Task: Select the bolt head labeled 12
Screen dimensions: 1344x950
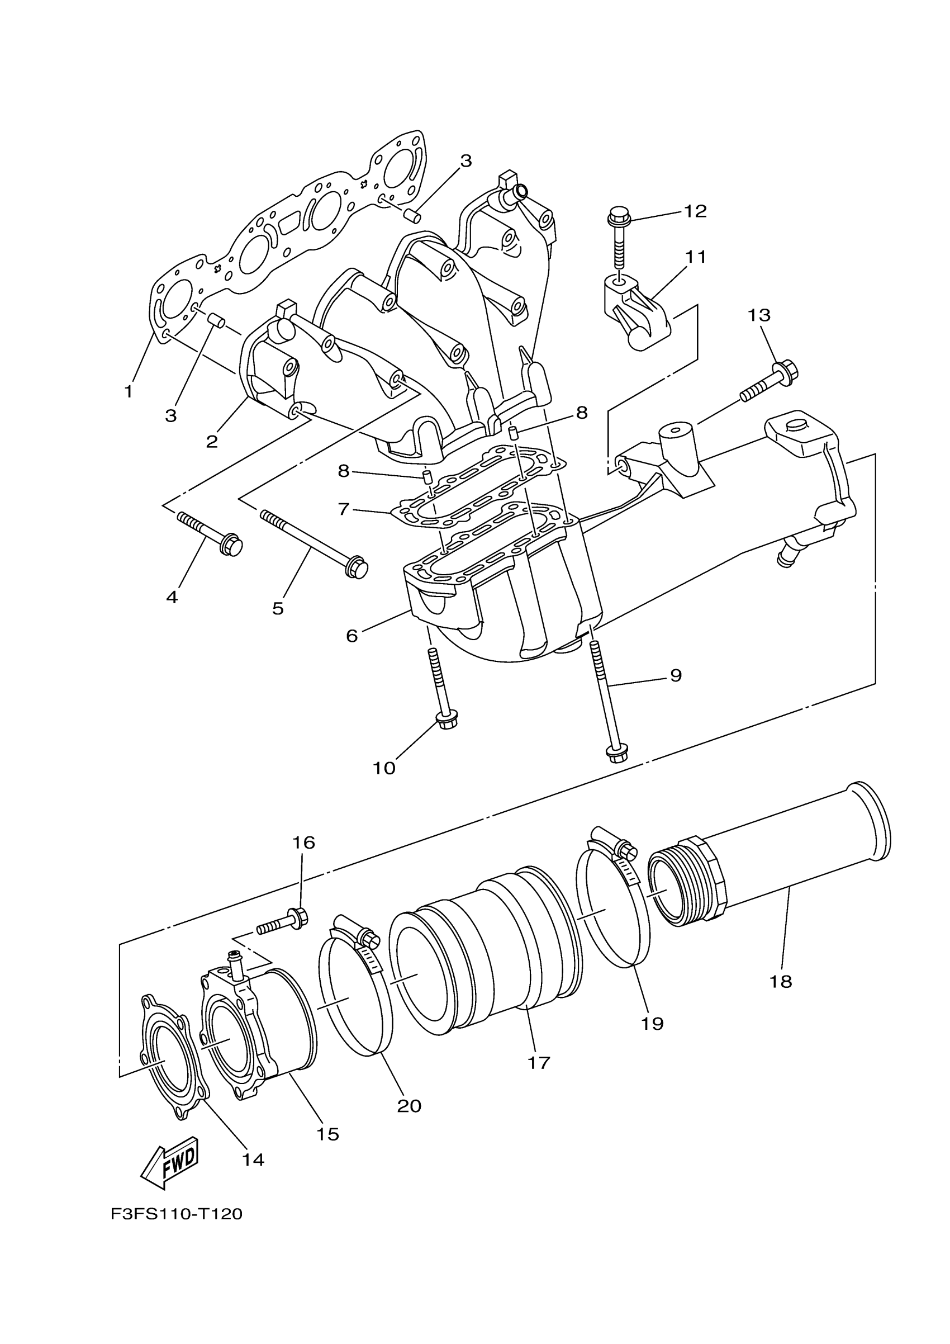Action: click(x=616, y=216)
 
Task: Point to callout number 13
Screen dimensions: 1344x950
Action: click(x=759, y=315)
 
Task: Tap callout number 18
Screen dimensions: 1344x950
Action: click(x=781, y=981)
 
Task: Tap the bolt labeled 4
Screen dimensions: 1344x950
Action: click(x=211, y=533)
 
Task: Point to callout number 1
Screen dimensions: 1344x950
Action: click(x=129, y=391)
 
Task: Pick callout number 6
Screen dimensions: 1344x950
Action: click(x=351, y=636)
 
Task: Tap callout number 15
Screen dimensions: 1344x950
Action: click(x=327, y=1134)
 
